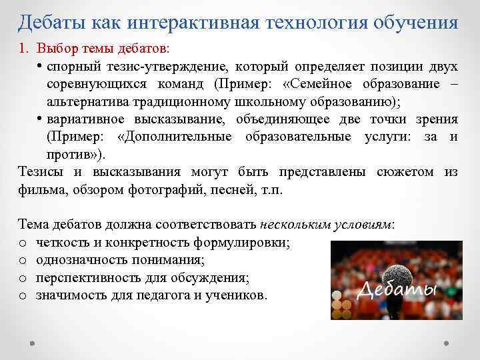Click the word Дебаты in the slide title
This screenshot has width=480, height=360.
click(51, 23)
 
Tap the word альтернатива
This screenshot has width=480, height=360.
click(87, 101)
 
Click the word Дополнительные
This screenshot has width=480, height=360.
click(174, 137)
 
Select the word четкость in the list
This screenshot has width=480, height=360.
click(61, 242)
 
